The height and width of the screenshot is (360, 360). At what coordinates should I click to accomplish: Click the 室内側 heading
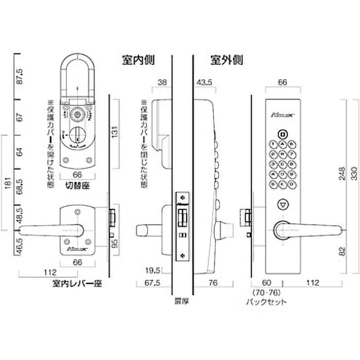[137, 60]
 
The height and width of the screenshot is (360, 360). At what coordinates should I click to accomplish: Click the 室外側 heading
[226, 60]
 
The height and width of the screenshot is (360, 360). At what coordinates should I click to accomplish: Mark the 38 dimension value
[162, 82]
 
